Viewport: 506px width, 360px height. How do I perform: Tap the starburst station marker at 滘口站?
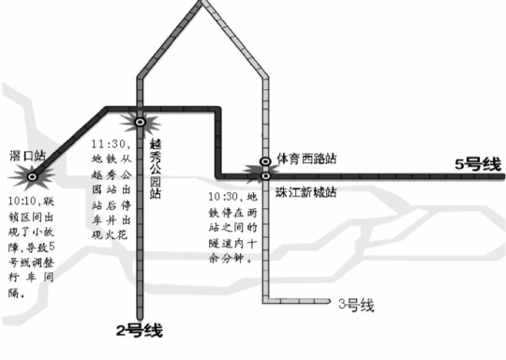click(x=33, y=174)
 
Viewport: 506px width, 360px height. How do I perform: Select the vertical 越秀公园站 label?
click(x=155, y=168)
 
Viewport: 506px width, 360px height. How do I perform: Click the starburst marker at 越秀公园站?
click(x=140, y=121)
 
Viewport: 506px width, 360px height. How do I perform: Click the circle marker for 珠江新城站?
click(x=266, y=175)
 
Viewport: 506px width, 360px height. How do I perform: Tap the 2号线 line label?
click(x=139, y=330)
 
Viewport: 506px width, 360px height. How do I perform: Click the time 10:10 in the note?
click(x=24, y=200)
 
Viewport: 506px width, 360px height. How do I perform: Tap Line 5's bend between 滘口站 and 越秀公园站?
click(x=105, y=111)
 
